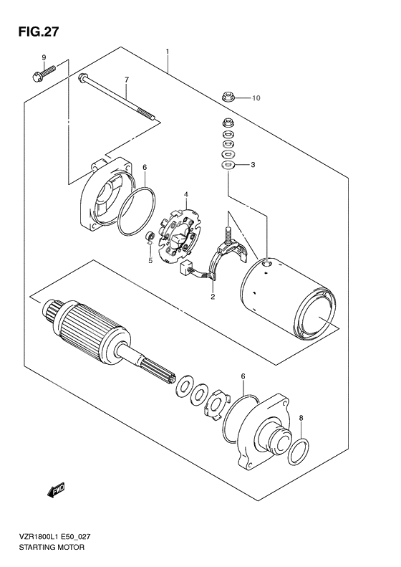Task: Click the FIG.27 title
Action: tap(34, 32)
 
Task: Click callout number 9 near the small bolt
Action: tap(44, 57)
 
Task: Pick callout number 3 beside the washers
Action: tap(253, 166)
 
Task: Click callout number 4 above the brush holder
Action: tap(185, 194)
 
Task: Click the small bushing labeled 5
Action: tap(149, 237)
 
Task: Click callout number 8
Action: tap(301, 418)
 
